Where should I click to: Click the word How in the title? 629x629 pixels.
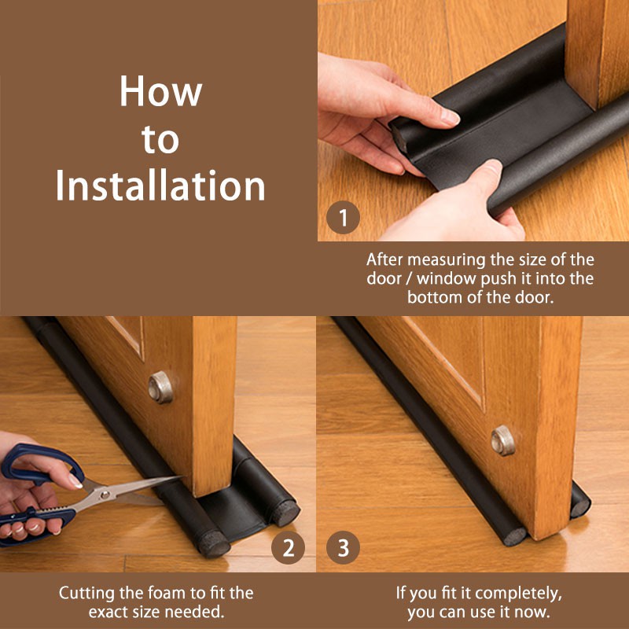tap(161, 90)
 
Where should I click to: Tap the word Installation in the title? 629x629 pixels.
tap(160, 186)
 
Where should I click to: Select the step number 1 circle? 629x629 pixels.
tap(343, 218)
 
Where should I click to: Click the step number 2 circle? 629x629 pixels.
tap(288, 548)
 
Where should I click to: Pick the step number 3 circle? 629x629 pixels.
tap(343, 548)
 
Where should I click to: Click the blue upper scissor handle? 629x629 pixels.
tap(42, 465)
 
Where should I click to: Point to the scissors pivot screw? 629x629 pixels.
tap(105, 495)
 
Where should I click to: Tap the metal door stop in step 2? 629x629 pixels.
tap(160, 387)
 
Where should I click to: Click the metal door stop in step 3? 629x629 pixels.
tap(503, 440)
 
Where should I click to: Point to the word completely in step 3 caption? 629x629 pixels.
tap(517, 594)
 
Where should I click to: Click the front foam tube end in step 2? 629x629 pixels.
tap(214, 543)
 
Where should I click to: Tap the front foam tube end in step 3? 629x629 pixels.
tap(515, 536)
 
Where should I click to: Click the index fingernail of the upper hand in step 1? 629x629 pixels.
tap(450, 116)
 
